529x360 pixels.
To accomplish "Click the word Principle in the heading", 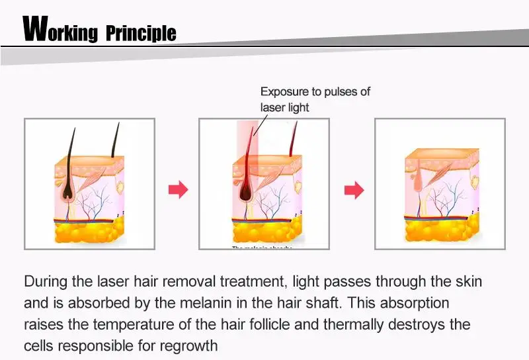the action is tap(142, 32).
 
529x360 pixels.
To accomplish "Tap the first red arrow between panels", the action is tap(178, 190).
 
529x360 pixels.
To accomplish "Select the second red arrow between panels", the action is tap(354, 190).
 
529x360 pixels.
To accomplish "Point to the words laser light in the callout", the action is tap(284, 107).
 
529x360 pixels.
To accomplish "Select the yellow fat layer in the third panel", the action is tap(440, 230).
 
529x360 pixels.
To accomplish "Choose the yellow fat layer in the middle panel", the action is tap(264, 232).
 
